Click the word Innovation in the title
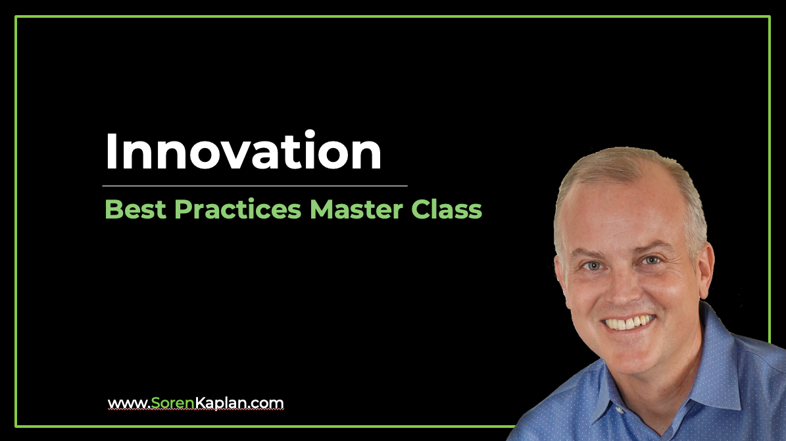[243, 151]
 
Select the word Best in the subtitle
[135, 209]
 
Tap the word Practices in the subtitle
[237, 209]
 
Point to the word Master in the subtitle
[356, 209]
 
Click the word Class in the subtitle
[447, 209]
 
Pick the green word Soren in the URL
[172, 403]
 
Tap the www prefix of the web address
[128, 404]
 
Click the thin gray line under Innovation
[255, 186]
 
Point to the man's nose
[622, 288]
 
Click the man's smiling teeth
[629, 322]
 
